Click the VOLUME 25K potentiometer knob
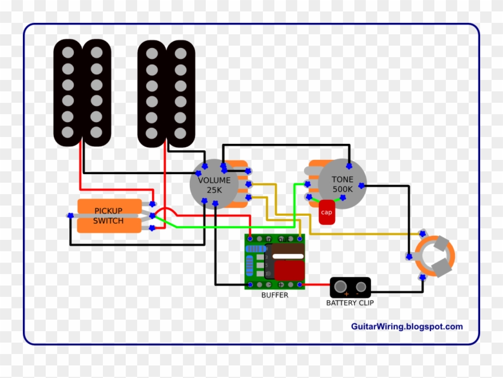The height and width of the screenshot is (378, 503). (x=214, y=184)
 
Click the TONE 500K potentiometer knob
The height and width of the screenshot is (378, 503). (x=342, y=183)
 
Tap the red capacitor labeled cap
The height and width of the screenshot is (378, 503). (x=326, y=212)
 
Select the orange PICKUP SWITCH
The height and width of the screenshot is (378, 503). (x=109, y=215)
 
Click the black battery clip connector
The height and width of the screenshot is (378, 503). (x=350, y=287)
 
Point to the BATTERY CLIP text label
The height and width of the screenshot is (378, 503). (x=350, y=303)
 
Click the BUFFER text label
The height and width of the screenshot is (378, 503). (x=275, y=295)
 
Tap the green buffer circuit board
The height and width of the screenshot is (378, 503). (x=274, y=262)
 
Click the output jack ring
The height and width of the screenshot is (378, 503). (x=435, y=256)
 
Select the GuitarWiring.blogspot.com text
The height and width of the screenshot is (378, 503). (x=406, y=327)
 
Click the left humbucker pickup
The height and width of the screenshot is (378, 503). (x=82, y=93)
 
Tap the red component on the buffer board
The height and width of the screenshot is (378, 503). (x=289, y=271)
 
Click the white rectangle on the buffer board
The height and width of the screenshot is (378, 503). (x=289, y=256)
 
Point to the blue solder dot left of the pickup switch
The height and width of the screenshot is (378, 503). (x=70, y=215)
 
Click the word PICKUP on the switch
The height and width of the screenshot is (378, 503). (x=109, y=210)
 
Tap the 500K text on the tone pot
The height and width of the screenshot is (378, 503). (x=343, y=189)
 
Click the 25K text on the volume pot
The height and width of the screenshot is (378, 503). (x=214, y=190)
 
